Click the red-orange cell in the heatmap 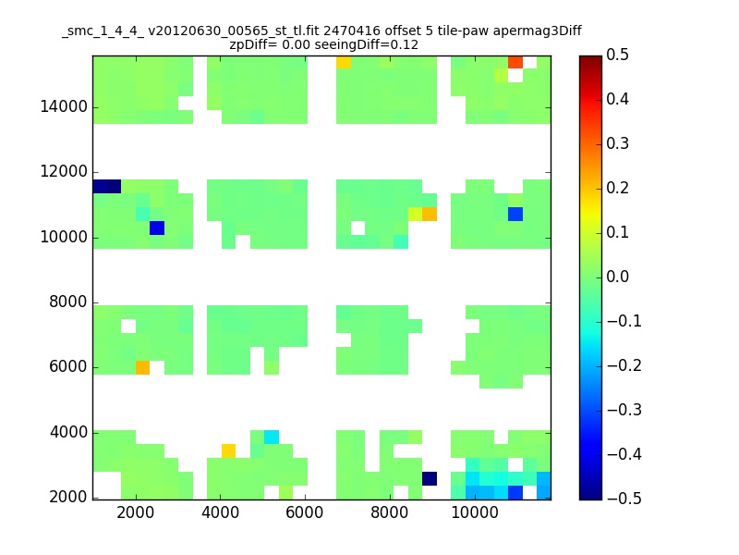tap(515, 62)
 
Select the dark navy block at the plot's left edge tap(107, 187)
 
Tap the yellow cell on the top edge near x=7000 tap(344, 62)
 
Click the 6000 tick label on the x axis tap(305, 512)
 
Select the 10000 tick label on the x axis tap(475, 512)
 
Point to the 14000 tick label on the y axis tap(64, 106)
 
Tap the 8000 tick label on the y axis tap(67, 302)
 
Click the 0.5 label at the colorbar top tap(617, 55)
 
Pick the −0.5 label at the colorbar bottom tap(624, 499)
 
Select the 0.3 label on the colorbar tap(617, 143)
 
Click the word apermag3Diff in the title tap(538, 31)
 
